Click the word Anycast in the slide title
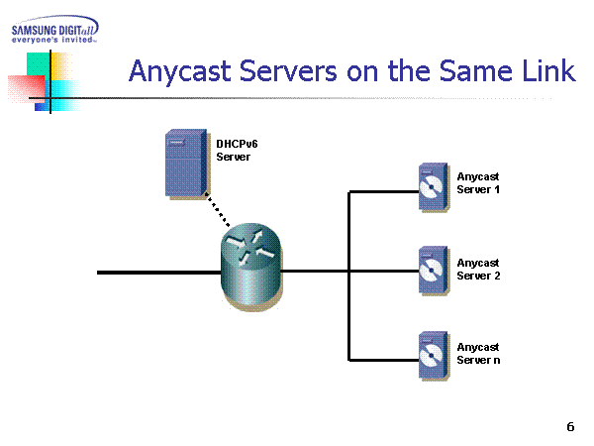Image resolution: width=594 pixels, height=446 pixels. [178, 71]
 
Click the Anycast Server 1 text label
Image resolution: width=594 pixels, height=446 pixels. [478, 182]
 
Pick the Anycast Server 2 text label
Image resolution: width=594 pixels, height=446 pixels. [478, 269]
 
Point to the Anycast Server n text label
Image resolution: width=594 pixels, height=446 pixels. [478, 354]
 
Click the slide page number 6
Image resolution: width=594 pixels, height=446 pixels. [570, 427]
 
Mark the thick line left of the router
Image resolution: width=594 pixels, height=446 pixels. [158, 271]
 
